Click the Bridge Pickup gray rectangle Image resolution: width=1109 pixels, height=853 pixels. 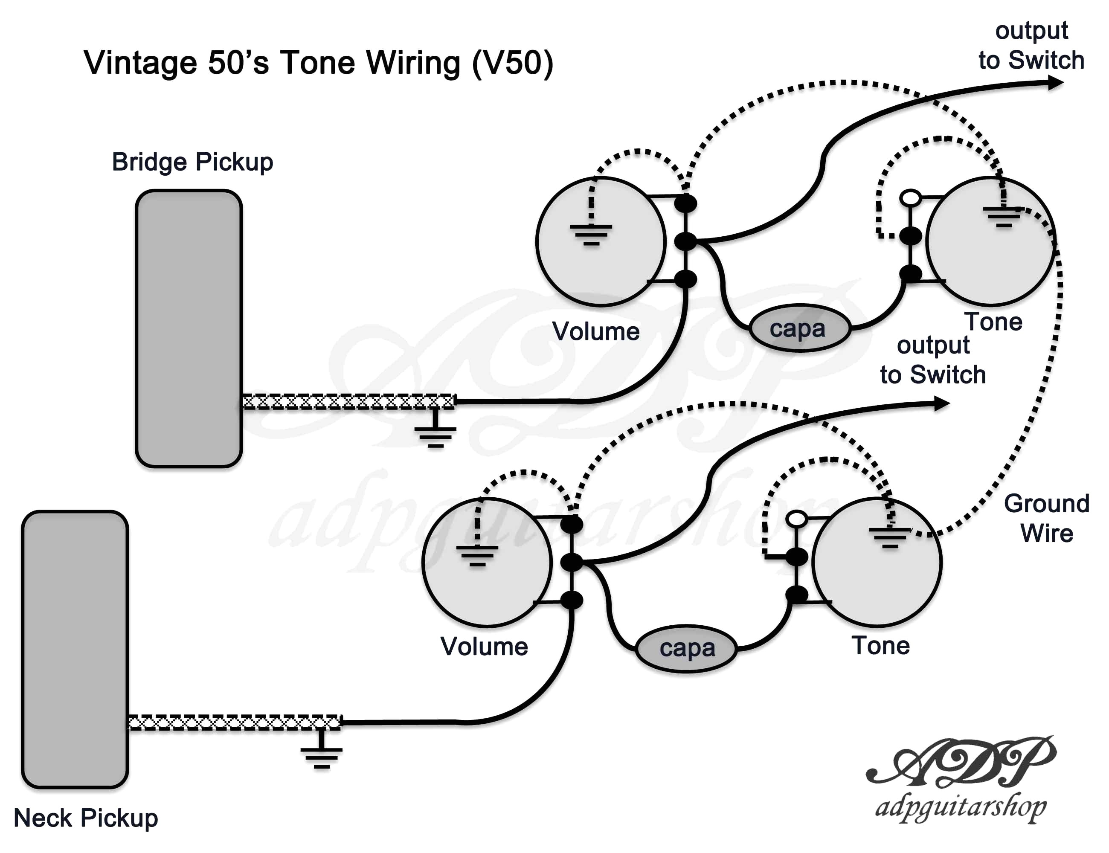click(189, 328)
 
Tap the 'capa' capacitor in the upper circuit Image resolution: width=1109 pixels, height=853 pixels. click(799, 328)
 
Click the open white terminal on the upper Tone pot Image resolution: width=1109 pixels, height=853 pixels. click(911, 197)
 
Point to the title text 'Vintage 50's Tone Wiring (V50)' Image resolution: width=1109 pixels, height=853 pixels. click(318, 63)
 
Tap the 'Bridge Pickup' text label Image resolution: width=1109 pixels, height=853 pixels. click(192, 162)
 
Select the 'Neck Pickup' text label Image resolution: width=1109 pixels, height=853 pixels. click(86, 818)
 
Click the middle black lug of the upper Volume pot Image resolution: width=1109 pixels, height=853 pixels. click(685, 241)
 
